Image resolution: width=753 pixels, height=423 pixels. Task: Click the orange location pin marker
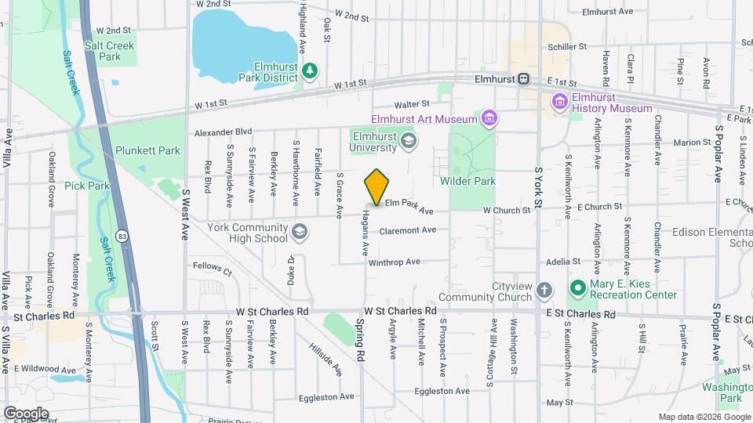[376, 188]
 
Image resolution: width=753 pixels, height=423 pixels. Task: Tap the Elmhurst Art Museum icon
[490, 119]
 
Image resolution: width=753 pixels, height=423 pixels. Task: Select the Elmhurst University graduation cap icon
[407, 141]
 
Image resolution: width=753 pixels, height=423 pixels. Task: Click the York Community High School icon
[299, 231]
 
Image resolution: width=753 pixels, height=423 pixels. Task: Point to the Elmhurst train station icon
[524, 79]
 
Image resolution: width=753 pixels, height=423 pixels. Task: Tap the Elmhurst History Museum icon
[559, 101]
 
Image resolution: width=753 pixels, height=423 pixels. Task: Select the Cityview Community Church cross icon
[545, 291]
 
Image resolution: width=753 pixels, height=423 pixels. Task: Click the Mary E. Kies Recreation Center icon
[578, 289]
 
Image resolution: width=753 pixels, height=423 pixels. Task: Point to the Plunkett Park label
[147, 150]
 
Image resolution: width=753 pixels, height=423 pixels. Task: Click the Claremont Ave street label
[407, 230]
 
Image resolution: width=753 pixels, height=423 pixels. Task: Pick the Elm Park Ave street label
[409, 210]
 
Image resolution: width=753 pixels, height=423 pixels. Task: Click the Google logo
[26, 413]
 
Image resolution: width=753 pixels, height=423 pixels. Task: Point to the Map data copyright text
[704, 417]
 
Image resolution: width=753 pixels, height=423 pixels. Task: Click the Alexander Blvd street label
[223, 132]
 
